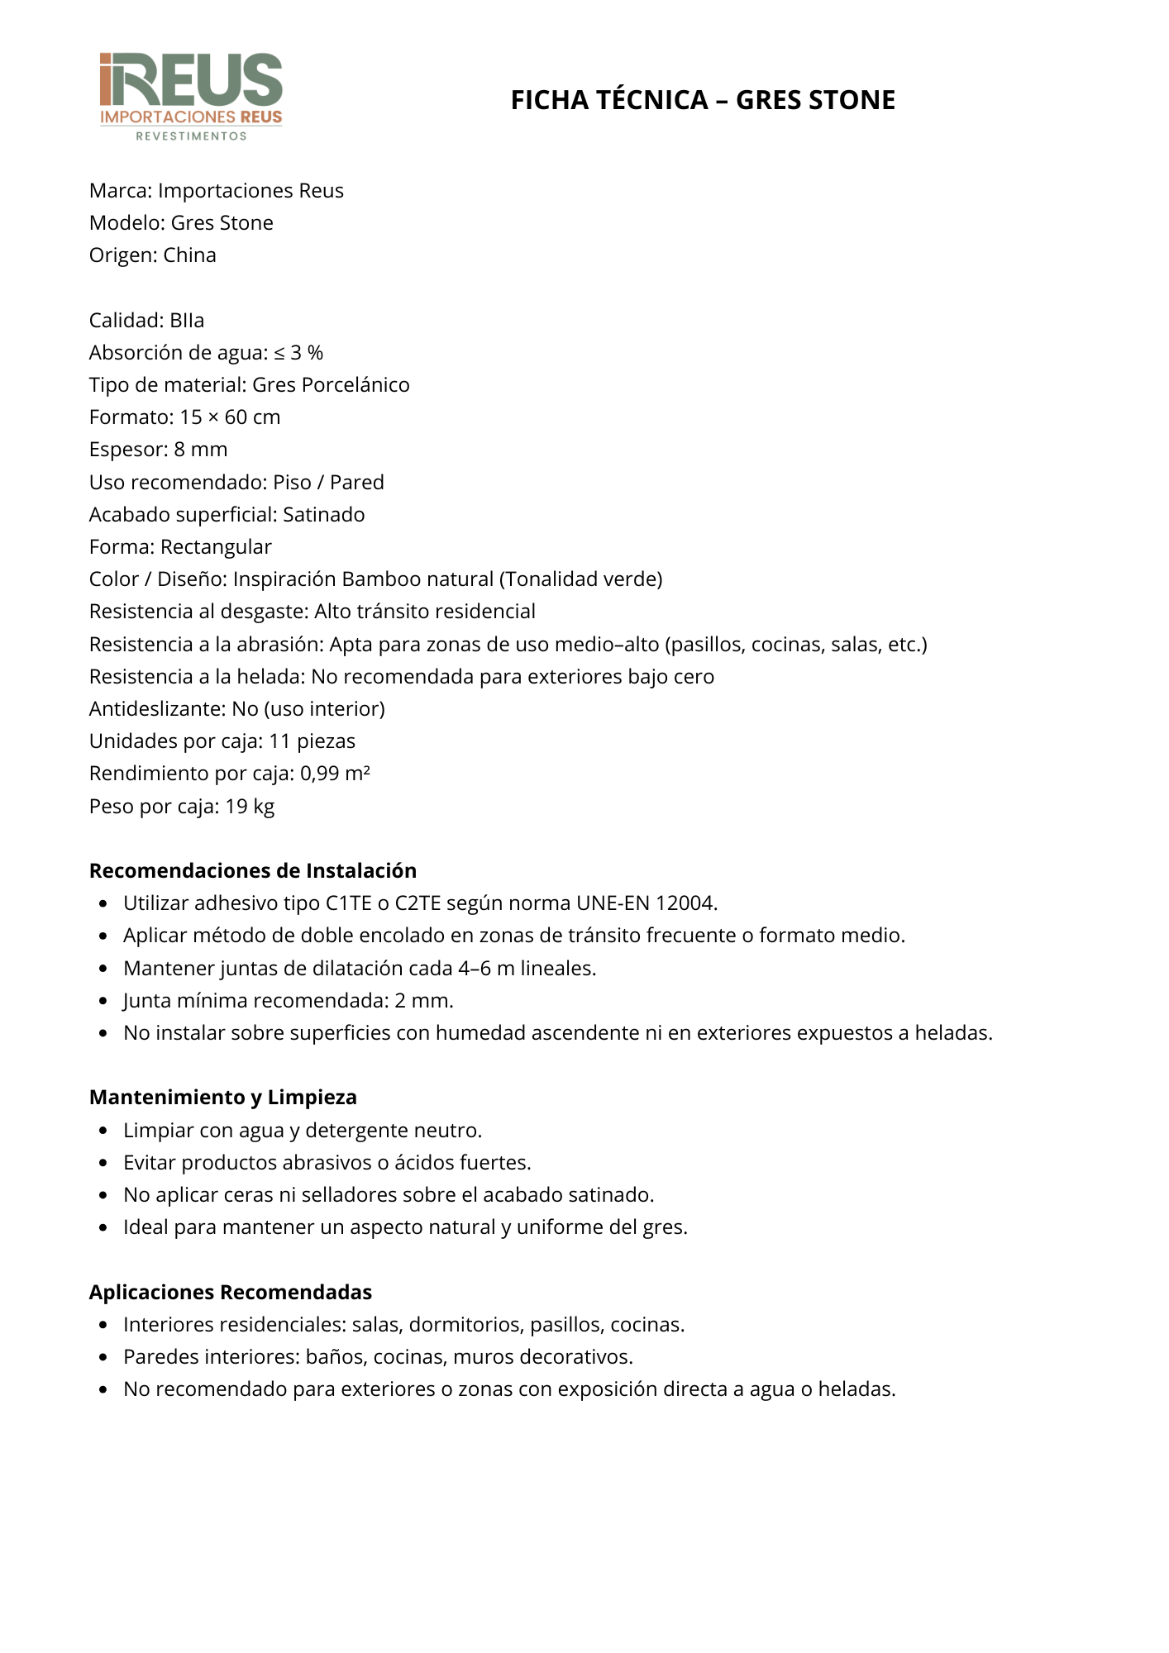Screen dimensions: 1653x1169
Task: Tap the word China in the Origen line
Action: coord(189,255)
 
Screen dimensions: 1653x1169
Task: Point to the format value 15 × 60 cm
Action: coord(230,417)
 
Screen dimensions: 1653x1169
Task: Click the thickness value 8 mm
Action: coord(201,450)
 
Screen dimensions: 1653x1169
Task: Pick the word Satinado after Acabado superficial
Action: coord(323,515)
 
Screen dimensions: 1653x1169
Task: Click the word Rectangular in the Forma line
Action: coord(216,547)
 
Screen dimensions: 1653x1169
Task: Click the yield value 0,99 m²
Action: coord(335,774)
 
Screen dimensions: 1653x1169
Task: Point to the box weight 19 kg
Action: coord(250,807)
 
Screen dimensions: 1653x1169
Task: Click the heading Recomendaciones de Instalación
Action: coord(253,871)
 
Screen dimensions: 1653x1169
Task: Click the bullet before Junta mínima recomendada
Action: coord(103,1002)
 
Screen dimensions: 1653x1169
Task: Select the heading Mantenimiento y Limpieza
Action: coord(223,1098)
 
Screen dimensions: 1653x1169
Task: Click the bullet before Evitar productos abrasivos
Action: coord(103,1164)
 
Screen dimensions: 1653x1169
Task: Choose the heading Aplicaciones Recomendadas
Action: coord(231,1293)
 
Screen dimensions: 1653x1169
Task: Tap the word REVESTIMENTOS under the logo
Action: coord(191,136)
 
